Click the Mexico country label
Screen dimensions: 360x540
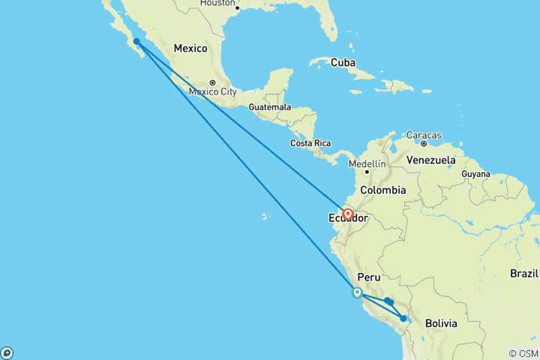pos(190,48)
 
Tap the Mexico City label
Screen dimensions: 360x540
pos(213,92)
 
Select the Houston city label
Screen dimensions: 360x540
pos(217,3)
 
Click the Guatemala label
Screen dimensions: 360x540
pos(269,107)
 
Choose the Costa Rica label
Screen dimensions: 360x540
pos(311,142)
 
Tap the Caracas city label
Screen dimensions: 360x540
pos(424,135)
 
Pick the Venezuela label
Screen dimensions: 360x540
pos(430,160)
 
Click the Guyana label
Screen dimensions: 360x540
pos(475,173)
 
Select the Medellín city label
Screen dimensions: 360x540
pos(367,163)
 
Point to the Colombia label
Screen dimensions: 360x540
pos(383,190)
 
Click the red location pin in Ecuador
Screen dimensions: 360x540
pos(348,214)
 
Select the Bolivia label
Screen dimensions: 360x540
pos(441,323)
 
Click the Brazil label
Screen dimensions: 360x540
pos(524,274)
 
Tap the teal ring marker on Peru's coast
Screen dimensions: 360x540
pos(357,293)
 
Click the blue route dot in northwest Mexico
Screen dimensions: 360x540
pos(136,42)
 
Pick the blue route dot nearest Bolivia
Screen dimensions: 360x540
pos(403,319)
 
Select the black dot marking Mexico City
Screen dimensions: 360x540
pos(213,82)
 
